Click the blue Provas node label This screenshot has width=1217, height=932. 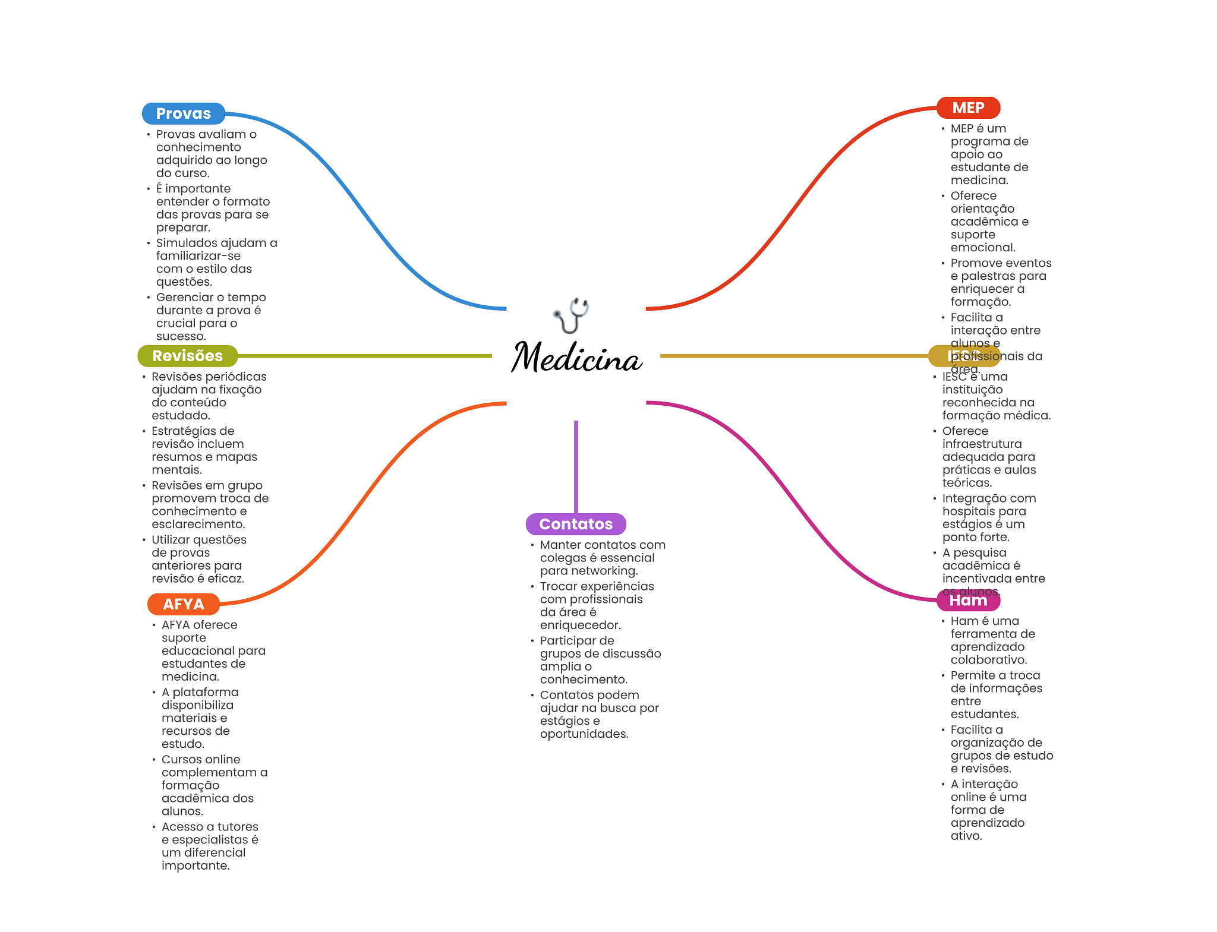tap(183, 113)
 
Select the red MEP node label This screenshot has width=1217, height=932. tap(968, 108)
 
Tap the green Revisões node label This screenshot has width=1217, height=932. tap(187, 356)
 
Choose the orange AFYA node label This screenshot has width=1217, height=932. tap(183, 604)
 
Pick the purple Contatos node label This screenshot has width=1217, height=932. tap(575, 524)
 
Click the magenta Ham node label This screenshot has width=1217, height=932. tap(968, 601)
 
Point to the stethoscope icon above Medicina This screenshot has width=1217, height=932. tap(572, 315)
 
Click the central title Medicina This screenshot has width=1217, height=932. tap(576, 358)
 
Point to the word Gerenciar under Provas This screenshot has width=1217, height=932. tap(181, 297)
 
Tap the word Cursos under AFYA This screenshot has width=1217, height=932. tap(181, 759)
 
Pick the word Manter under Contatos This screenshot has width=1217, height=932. tap(560, 545)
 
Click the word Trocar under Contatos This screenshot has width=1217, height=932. tap(558, 586)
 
